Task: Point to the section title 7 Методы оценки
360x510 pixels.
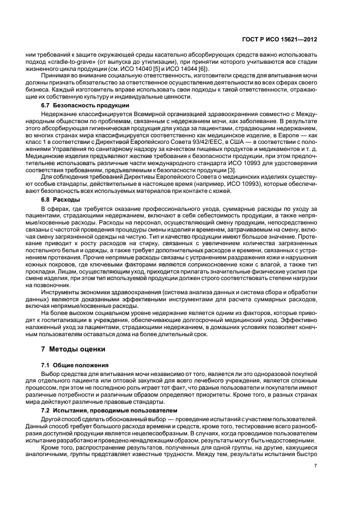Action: (x=70, y=349)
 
